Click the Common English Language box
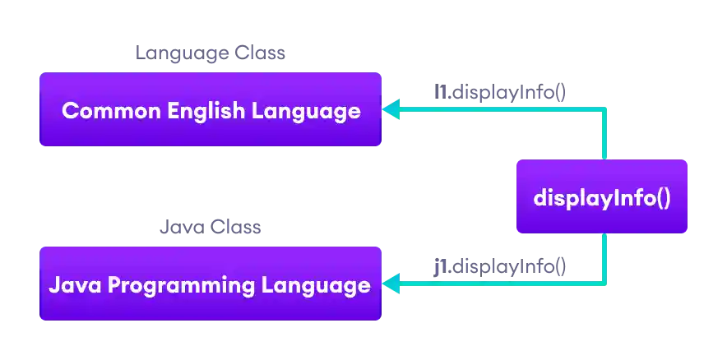coord(211,110)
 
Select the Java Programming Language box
coord(211,284)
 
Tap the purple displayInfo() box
coord(601,197)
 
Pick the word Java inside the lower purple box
coord(75,285)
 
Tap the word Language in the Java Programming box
coord(316,285)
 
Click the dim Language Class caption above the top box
coord(210,53)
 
